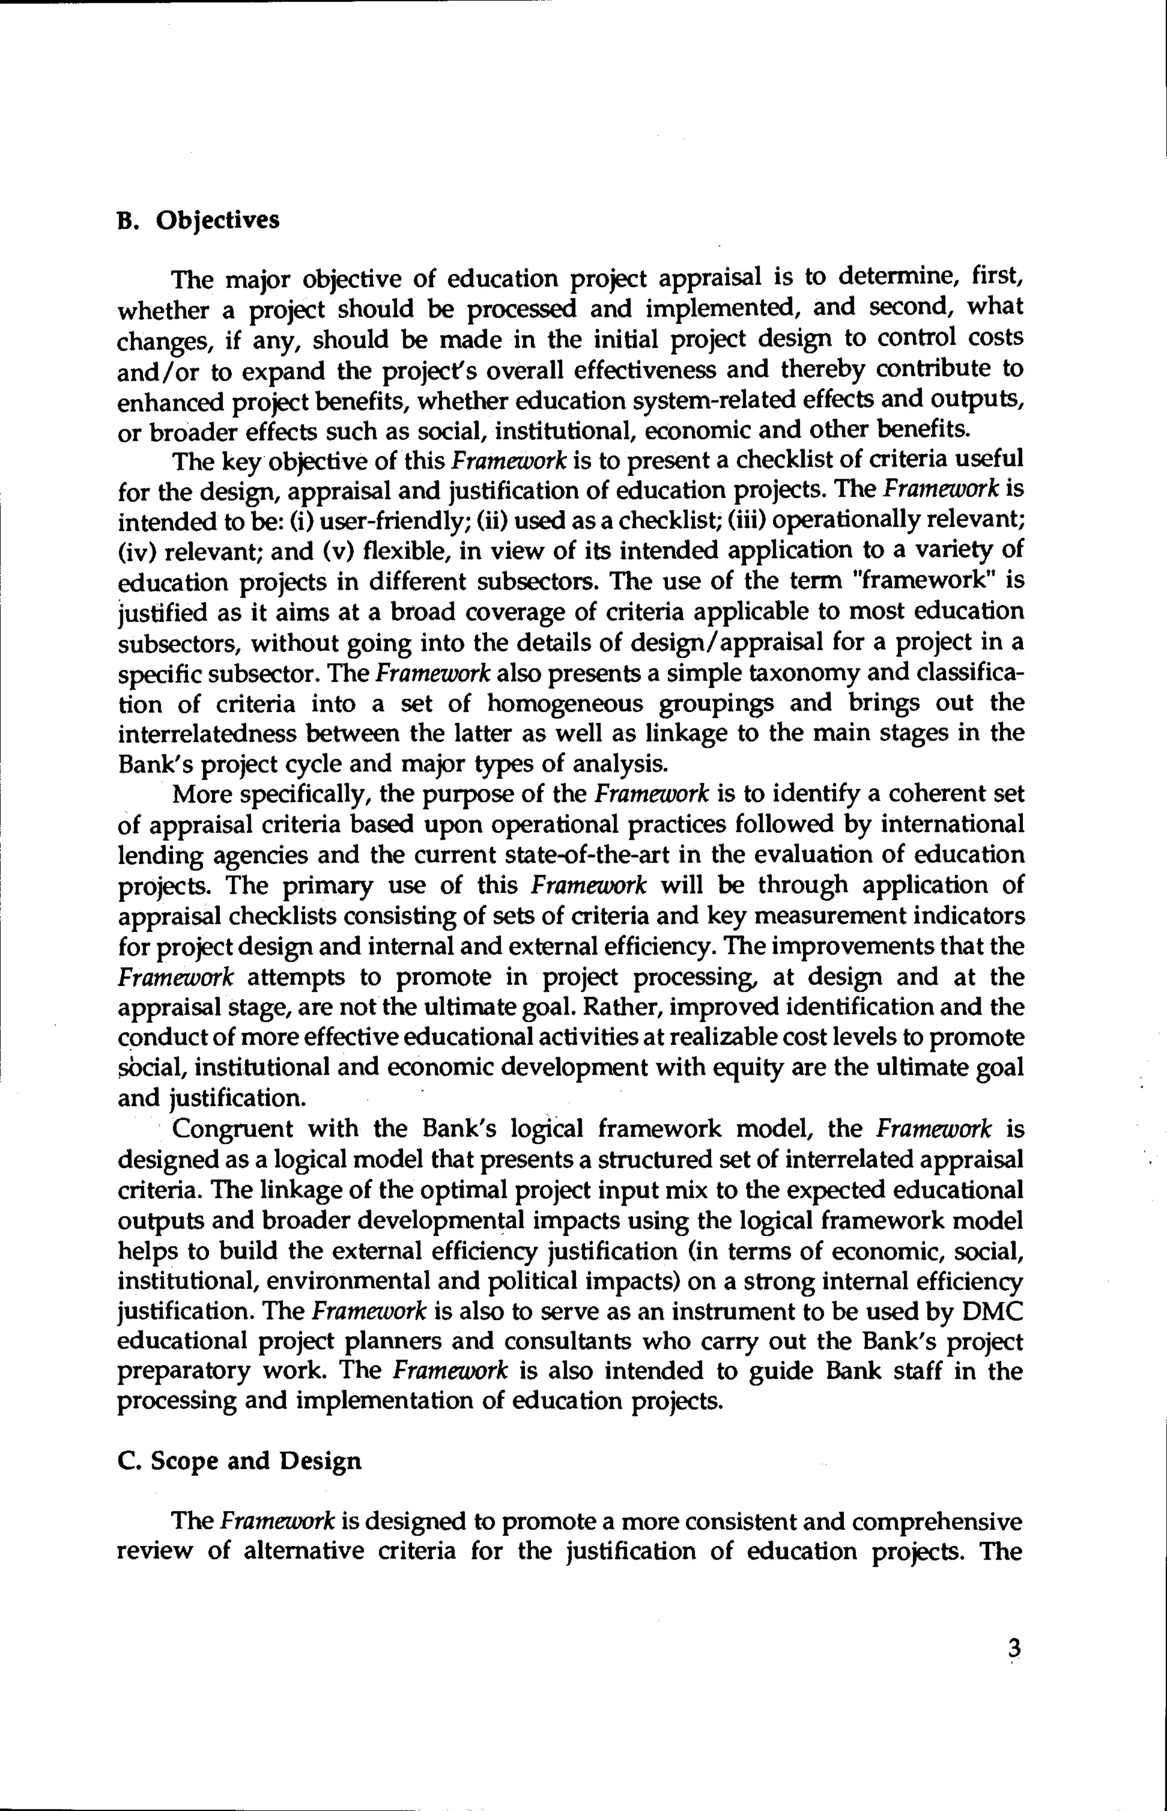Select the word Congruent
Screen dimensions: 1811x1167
point(232,1129)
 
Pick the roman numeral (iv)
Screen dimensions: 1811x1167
point(136,550)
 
